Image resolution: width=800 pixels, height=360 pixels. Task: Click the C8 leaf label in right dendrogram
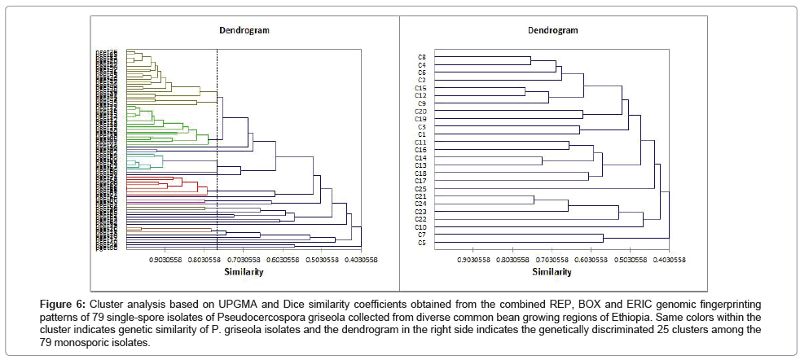(x=421, y=57)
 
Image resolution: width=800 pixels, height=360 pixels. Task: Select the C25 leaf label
(x=421, y=189)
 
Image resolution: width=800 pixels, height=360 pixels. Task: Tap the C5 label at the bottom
(x=421, y=243)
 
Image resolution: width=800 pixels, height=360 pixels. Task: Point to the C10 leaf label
(x=421, y=227)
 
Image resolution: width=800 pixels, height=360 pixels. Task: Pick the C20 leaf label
(x=421, y=112)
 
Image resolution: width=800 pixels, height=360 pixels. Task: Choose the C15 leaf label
(x=421, y=88)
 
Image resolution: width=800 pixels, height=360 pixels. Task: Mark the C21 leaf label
(x=421, y=196)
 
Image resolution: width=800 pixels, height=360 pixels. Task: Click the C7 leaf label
(x=421, y=235)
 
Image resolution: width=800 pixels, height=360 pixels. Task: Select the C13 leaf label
(x=421, y=165)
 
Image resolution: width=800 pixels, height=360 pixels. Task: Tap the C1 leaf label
(x=421, y=134)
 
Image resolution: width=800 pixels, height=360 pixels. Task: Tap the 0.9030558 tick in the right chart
(x=474, y=260)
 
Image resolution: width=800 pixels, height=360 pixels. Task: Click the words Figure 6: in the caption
(x=63, y=303)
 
